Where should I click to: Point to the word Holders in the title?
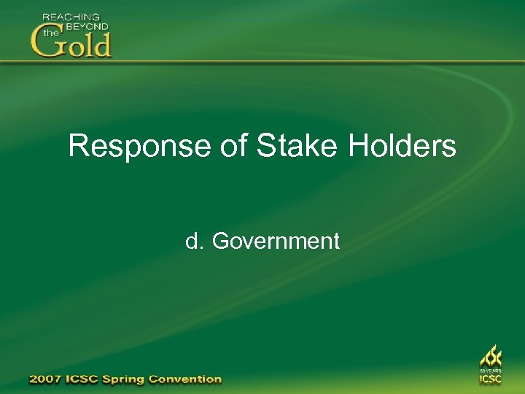click(402, 146)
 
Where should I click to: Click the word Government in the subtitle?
click(276, 241)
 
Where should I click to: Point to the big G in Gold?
click(46, 43)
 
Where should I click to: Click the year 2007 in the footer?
click(45, 379)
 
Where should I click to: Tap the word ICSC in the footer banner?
click(87, 379)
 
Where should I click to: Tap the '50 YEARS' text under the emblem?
click(490, 371)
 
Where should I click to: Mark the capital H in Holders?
click(358, 146)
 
